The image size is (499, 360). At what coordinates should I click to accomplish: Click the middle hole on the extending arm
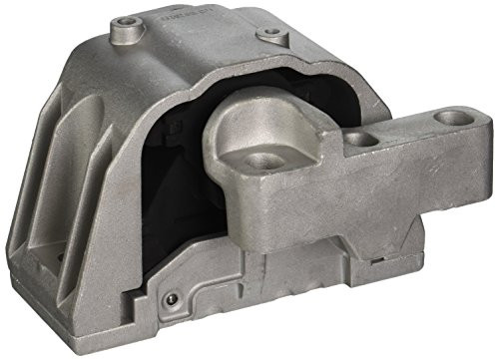[x=363, y=141]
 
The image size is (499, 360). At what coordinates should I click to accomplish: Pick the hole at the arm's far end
[x=454, y=118]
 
